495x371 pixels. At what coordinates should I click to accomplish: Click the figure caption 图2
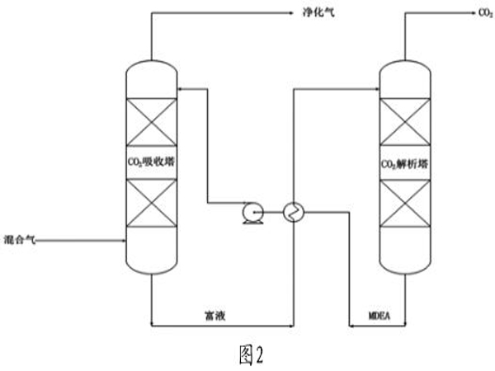247,355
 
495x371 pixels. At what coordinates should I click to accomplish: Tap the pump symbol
249,213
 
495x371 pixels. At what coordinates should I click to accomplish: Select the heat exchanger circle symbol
293,213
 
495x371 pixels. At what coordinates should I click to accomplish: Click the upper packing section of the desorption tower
405,121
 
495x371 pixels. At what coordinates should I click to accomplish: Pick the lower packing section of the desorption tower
405,204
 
